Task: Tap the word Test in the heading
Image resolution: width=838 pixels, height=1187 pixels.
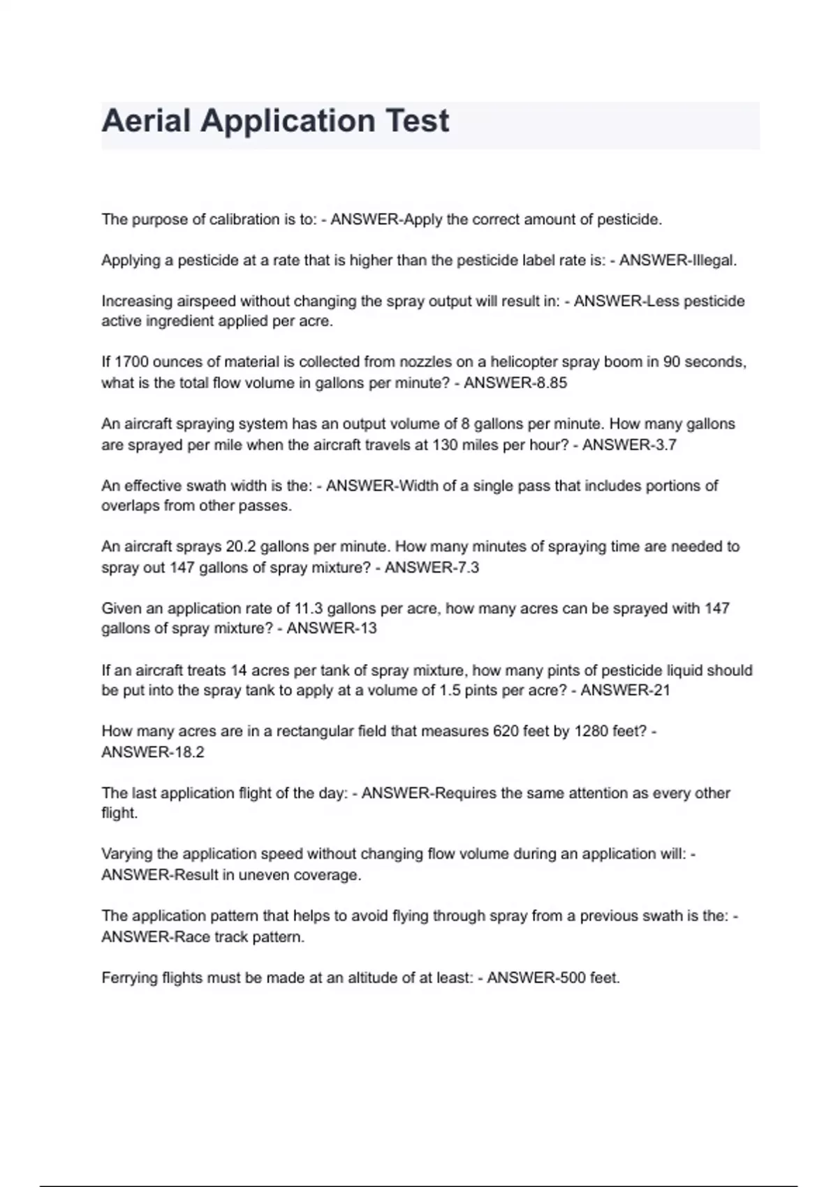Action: tap(418, 121)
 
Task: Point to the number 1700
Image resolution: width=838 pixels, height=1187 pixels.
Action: tap(131, 362)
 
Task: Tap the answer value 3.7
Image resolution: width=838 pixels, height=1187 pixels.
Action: tap(665, 445)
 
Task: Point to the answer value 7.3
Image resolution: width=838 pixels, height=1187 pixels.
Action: tap(467, 568)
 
